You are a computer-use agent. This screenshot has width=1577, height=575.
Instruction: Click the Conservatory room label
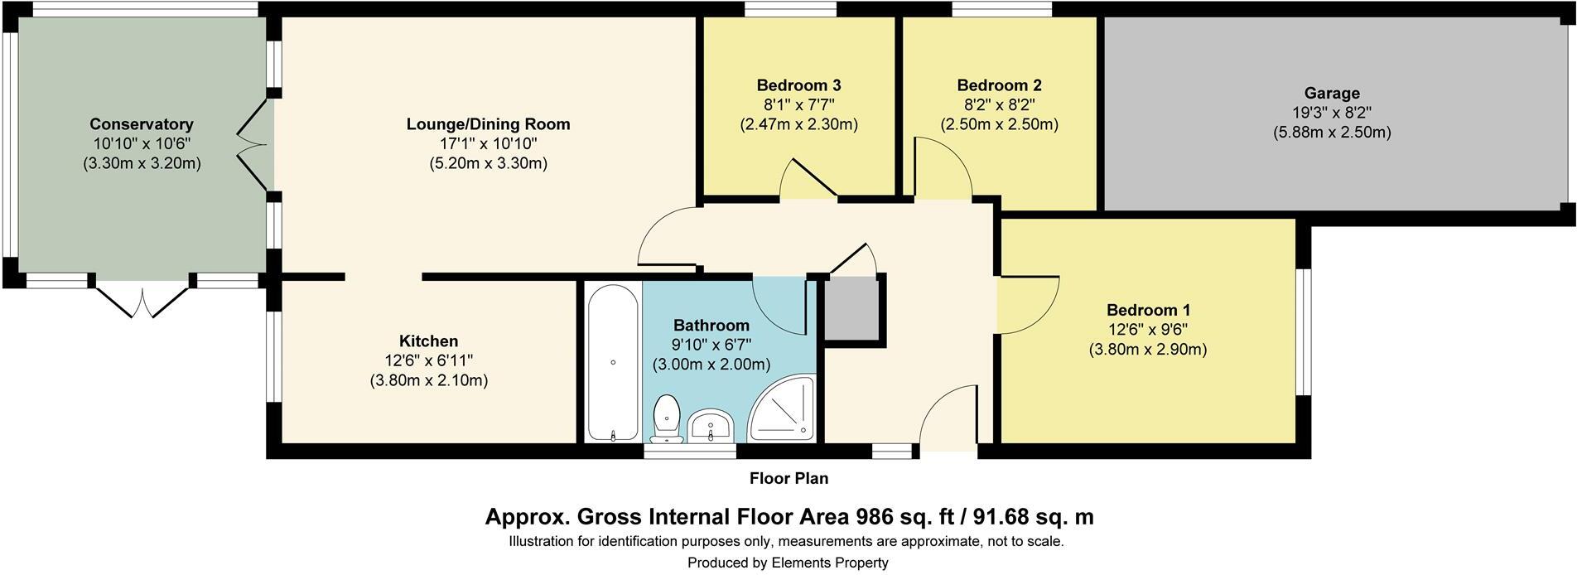[142, 124]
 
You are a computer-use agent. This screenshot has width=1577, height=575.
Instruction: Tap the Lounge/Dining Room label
[488, 124]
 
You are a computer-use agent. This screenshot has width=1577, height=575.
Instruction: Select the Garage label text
[1332, 94]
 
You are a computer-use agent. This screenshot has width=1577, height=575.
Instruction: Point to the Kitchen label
[428, 341]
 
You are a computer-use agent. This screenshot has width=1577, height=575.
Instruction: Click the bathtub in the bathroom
[613, 361]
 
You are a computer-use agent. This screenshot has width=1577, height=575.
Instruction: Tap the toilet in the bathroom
[667, 418]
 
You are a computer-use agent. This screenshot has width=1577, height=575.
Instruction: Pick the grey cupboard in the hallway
[851, 307]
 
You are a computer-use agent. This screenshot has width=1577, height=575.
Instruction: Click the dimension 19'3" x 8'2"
[1332, 113]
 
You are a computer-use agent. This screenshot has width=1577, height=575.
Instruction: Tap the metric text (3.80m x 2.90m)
[1147, 350]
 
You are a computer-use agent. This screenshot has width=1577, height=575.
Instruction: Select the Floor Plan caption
[788, 478]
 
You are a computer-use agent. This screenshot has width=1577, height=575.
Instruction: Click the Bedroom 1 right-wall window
[1303, 331]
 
